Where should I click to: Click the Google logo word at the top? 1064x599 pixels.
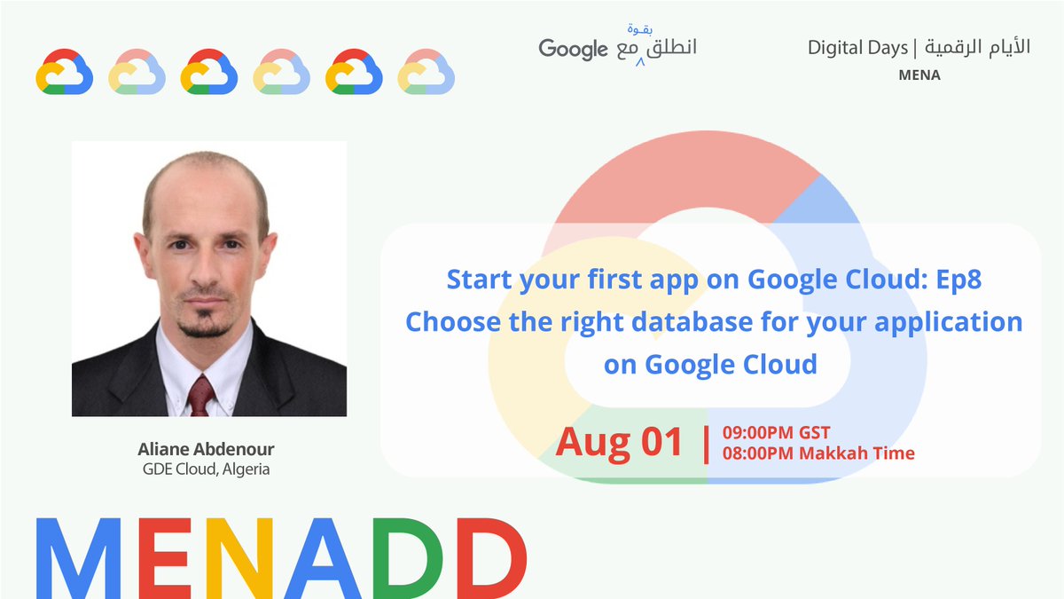click(x=573, y=49)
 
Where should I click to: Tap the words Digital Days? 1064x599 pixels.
click(x=857, y=48)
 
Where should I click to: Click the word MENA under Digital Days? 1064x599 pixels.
click(x=919, y=75)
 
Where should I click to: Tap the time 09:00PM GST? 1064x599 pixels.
click(x=776, y=433)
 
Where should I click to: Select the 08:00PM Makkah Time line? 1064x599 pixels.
click(x=818, y=453)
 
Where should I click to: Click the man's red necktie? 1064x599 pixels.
click(x=201, y=395)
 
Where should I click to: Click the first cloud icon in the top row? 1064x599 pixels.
click(x=65, y=72)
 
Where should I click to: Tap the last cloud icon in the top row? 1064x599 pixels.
click(x=426, y=72)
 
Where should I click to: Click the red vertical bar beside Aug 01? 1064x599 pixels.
click(x=706, y=444)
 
